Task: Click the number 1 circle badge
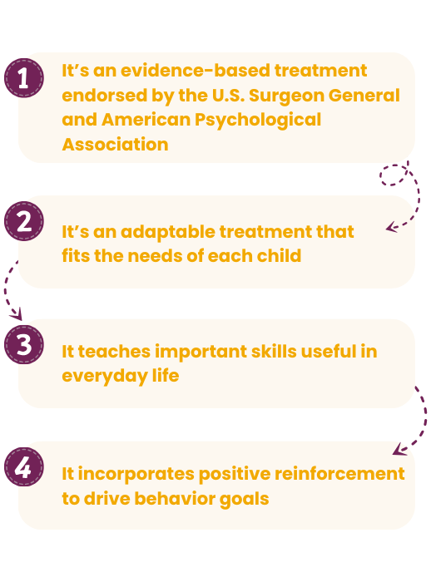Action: click(24, 79)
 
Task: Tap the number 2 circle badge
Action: click(24, 222)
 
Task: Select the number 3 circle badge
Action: click(24, 345)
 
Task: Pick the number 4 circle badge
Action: click(24, 466)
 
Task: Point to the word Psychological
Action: click(257, 120)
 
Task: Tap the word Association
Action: click(115, 145)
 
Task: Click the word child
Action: click(279, 256)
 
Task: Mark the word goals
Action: click(242, 499)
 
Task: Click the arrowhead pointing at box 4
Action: click(398, 451)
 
